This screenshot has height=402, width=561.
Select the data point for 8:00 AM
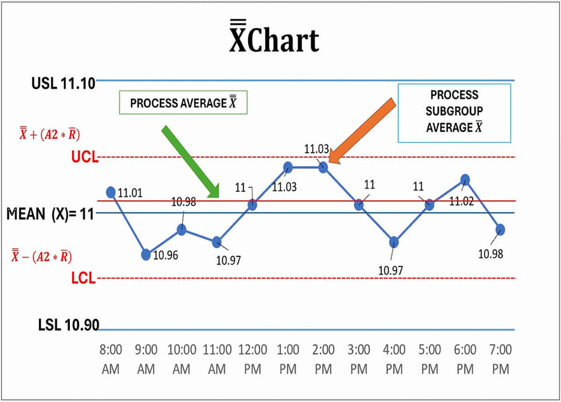click(x=111, y=192)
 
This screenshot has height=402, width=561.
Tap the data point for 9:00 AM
click(x=146, y=254)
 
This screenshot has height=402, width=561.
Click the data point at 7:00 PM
click(x=500, y=229)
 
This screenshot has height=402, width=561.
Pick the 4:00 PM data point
click(x=394, y=242)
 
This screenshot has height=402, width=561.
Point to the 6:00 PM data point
click(x=465, y=179)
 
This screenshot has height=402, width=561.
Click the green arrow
click(x=191, y=161)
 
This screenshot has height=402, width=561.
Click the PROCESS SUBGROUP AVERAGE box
click(x=454, y=112)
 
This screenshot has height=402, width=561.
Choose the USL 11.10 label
click(x=63, y=83)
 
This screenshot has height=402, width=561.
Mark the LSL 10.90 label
click(x=69, y=325)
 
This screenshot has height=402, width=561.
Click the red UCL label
click(x=84, y=157)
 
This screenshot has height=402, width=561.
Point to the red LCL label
click(x=84, y=279)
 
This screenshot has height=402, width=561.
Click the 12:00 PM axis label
click(x=253, y=358)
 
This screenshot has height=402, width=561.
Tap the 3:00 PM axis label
click(x=359, y=358)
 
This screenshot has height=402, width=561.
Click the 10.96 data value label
click(x=166, y=255)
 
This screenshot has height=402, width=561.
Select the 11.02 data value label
click(x=461, y=202)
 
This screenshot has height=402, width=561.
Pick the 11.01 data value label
click(x=130, y=194)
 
